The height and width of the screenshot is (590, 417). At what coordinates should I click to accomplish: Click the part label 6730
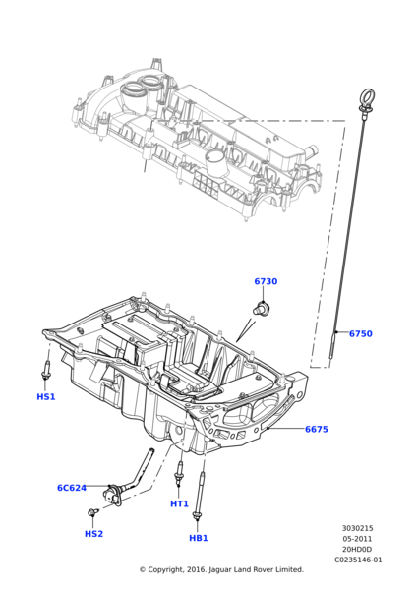[x=266, y=281]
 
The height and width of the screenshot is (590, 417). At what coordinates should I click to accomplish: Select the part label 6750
[x=361, y=333]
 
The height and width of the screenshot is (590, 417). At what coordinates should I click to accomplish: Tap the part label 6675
[x=317, y=429]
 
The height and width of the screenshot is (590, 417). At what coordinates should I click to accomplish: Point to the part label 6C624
[x=72, y=488]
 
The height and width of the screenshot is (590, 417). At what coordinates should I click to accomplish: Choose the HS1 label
[x=46, y=396]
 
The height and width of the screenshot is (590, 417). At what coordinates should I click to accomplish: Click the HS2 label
[x=93, y=534]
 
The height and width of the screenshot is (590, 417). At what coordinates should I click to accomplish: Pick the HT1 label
[x=179, y=503]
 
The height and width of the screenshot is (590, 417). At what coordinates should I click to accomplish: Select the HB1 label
[x=199, y=538]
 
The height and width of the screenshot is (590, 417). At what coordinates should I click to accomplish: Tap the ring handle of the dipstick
[x=367, y=96]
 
